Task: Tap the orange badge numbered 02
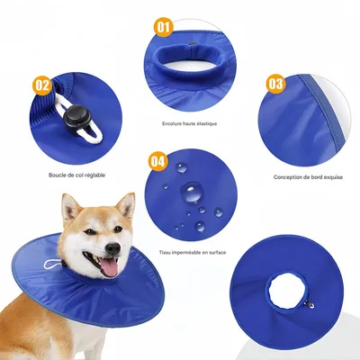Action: [x=41, y=85]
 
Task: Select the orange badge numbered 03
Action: [x=274, y=84]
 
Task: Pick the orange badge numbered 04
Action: [x=157, y=161]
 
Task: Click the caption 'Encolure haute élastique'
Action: [x=189, y=123]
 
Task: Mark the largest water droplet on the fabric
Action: [x=192, y=193]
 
